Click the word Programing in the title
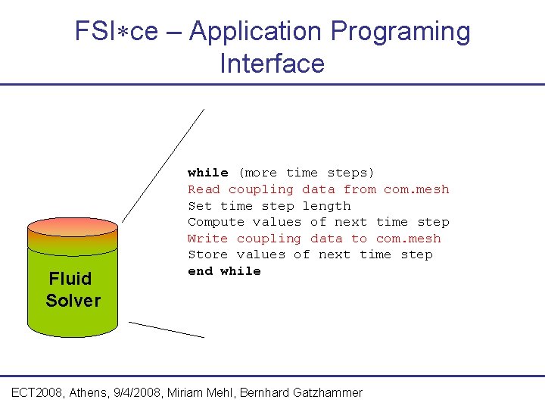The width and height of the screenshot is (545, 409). pyautogui.click(x=400, y=32)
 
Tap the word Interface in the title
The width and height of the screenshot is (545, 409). pyautogui.click(x=272, y=64)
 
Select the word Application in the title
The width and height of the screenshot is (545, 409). pyautogui.click(x=257, y=32)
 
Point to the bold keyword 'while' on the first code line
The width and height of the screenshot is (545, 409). pyautogui.click(x=207, y=173)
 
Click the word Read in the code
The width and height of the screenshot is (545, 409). pyautogui.click(x=204, y=189)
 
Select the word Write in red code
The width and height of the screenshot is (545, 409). pyautogui.click(x=207, y=239)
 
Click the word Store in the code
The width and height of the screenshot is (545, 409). pyautogui.click(x=207, y=254)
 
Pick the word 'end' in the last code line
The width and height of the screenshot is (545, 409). pyautogui.click(x=200, y=271)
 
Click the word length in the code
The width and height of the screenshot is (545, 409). pyautogui.click(x=326, y=206)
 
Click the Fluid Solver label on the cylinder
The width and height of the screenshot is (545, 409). pyautogui.click(x=73, y=289)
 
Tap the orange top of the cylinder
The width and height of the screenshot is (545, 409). pyautogui.click(x=73, y=226)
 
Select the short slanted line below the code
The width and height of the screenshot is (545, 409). pyautogui.click(x=166, y=329)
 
